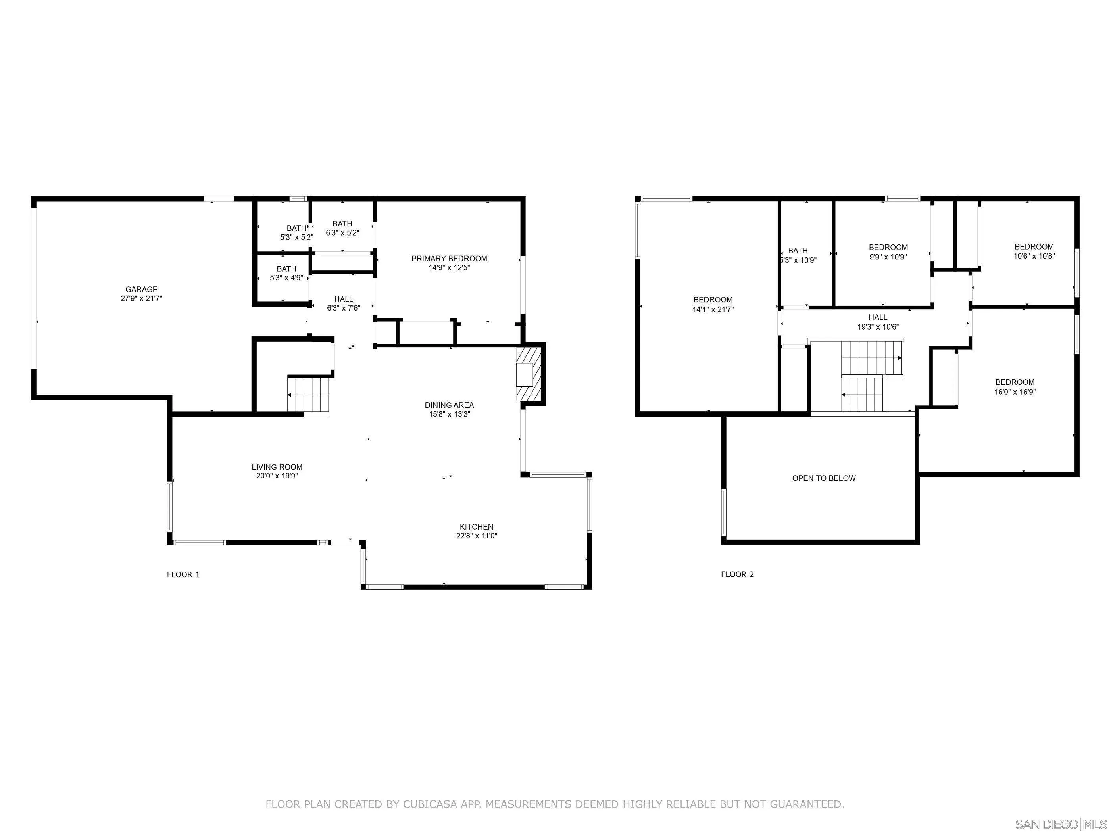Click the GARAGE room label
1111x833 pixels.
pos(141,289)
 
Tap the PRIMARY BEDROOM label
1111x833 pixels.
pos(449,259)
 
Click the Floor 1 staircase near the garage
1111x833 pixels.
pos(308,395)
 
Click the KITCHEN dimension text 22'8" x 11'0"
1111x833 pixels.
pos(476,536)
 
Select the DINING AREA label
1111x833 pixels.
pos(449,405)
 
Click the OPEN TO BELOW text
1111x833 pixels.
pos(824,478)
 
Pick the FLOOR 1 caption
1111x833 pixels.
pos(183,574)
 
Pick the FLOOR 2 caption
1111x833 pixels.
pos(737,574)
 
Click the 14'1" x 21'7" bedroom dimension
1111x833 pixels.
pos(713,310)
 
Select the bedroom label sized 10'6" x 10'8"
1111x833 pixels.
pos(1034,247)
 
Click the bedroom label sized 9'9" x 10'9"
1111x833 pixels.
pos(888,247)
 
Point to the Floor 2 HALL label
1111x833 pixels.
pos(877,317)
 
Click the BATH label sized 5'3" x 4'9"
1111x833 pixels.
pos(286,269)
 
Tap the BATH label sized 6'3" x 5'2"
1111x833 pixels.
pos(342,224)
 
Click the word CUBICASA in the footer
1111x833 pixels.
pos(429,804)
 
